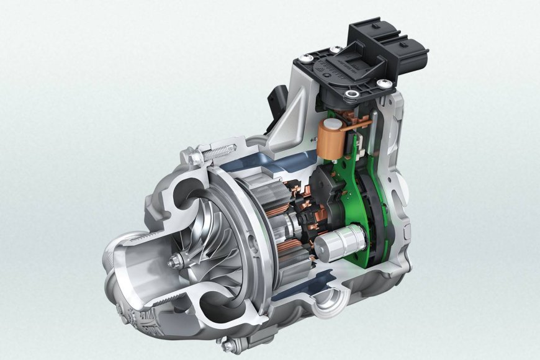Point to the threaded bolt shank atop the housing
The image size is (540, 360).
tap(218, 151)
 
